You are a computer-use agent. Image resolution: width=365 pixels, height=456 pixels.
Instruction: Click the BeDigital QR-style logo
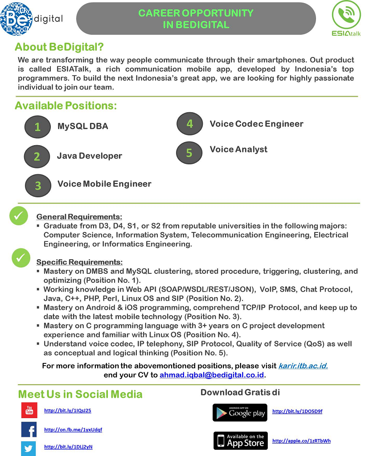click(x=16, y=19)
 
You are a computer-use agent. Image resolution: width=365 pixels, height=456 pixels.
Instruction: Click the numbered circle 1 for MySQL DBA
click(x=37, y=126)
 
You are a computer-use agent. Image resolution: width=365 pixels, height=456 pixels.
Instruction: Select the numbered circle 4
click(x=189, y=123)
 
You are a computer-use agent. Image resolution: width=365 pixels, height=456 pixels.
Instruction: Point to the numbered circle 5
click(x=189, y=153)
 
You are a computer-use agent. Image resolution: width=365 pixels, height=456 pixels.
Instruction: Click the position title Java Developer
click(x=90, y=156)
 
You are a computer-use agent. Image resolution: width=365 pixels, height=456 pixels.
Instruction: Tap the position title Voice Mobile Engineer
click(x=104, y=184)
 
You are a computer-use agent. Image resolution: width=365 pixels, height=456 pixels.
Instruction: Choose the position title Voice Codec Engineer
click(x=256, y=124)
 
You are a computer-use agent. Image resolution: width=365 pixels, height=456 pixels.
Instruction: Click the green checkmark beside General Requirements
click(x=19, y=216)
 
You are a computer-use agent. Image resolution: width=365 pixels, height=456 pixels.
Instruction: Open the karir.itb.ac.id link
click(x=303, y=366)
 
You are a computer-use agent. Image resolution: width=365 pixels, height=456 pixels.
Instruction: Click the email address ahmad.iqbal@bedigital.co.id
click(x=212, y=375)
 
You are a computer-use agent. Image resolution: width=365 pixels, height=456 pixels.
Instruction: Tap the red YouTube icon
click(x=29, y=410)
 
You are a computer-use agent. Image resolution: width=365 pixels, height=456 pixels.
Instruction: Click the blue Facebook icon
click(x=29, y=429)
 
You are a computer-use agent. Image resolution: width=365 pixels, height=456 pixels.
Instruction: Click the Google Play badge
click(x=240, y=413)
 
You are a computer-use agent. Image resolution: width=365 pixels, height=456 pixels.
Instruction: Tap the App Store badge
click(x=240, y=440)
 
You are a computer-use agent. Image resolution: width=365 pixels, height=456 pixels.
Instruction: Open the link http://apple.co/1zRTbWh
click(x=301, y=441)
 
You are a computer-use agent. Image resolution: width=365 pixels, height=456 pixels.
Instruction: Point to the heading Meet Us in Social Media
click(x=80, y=394)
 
